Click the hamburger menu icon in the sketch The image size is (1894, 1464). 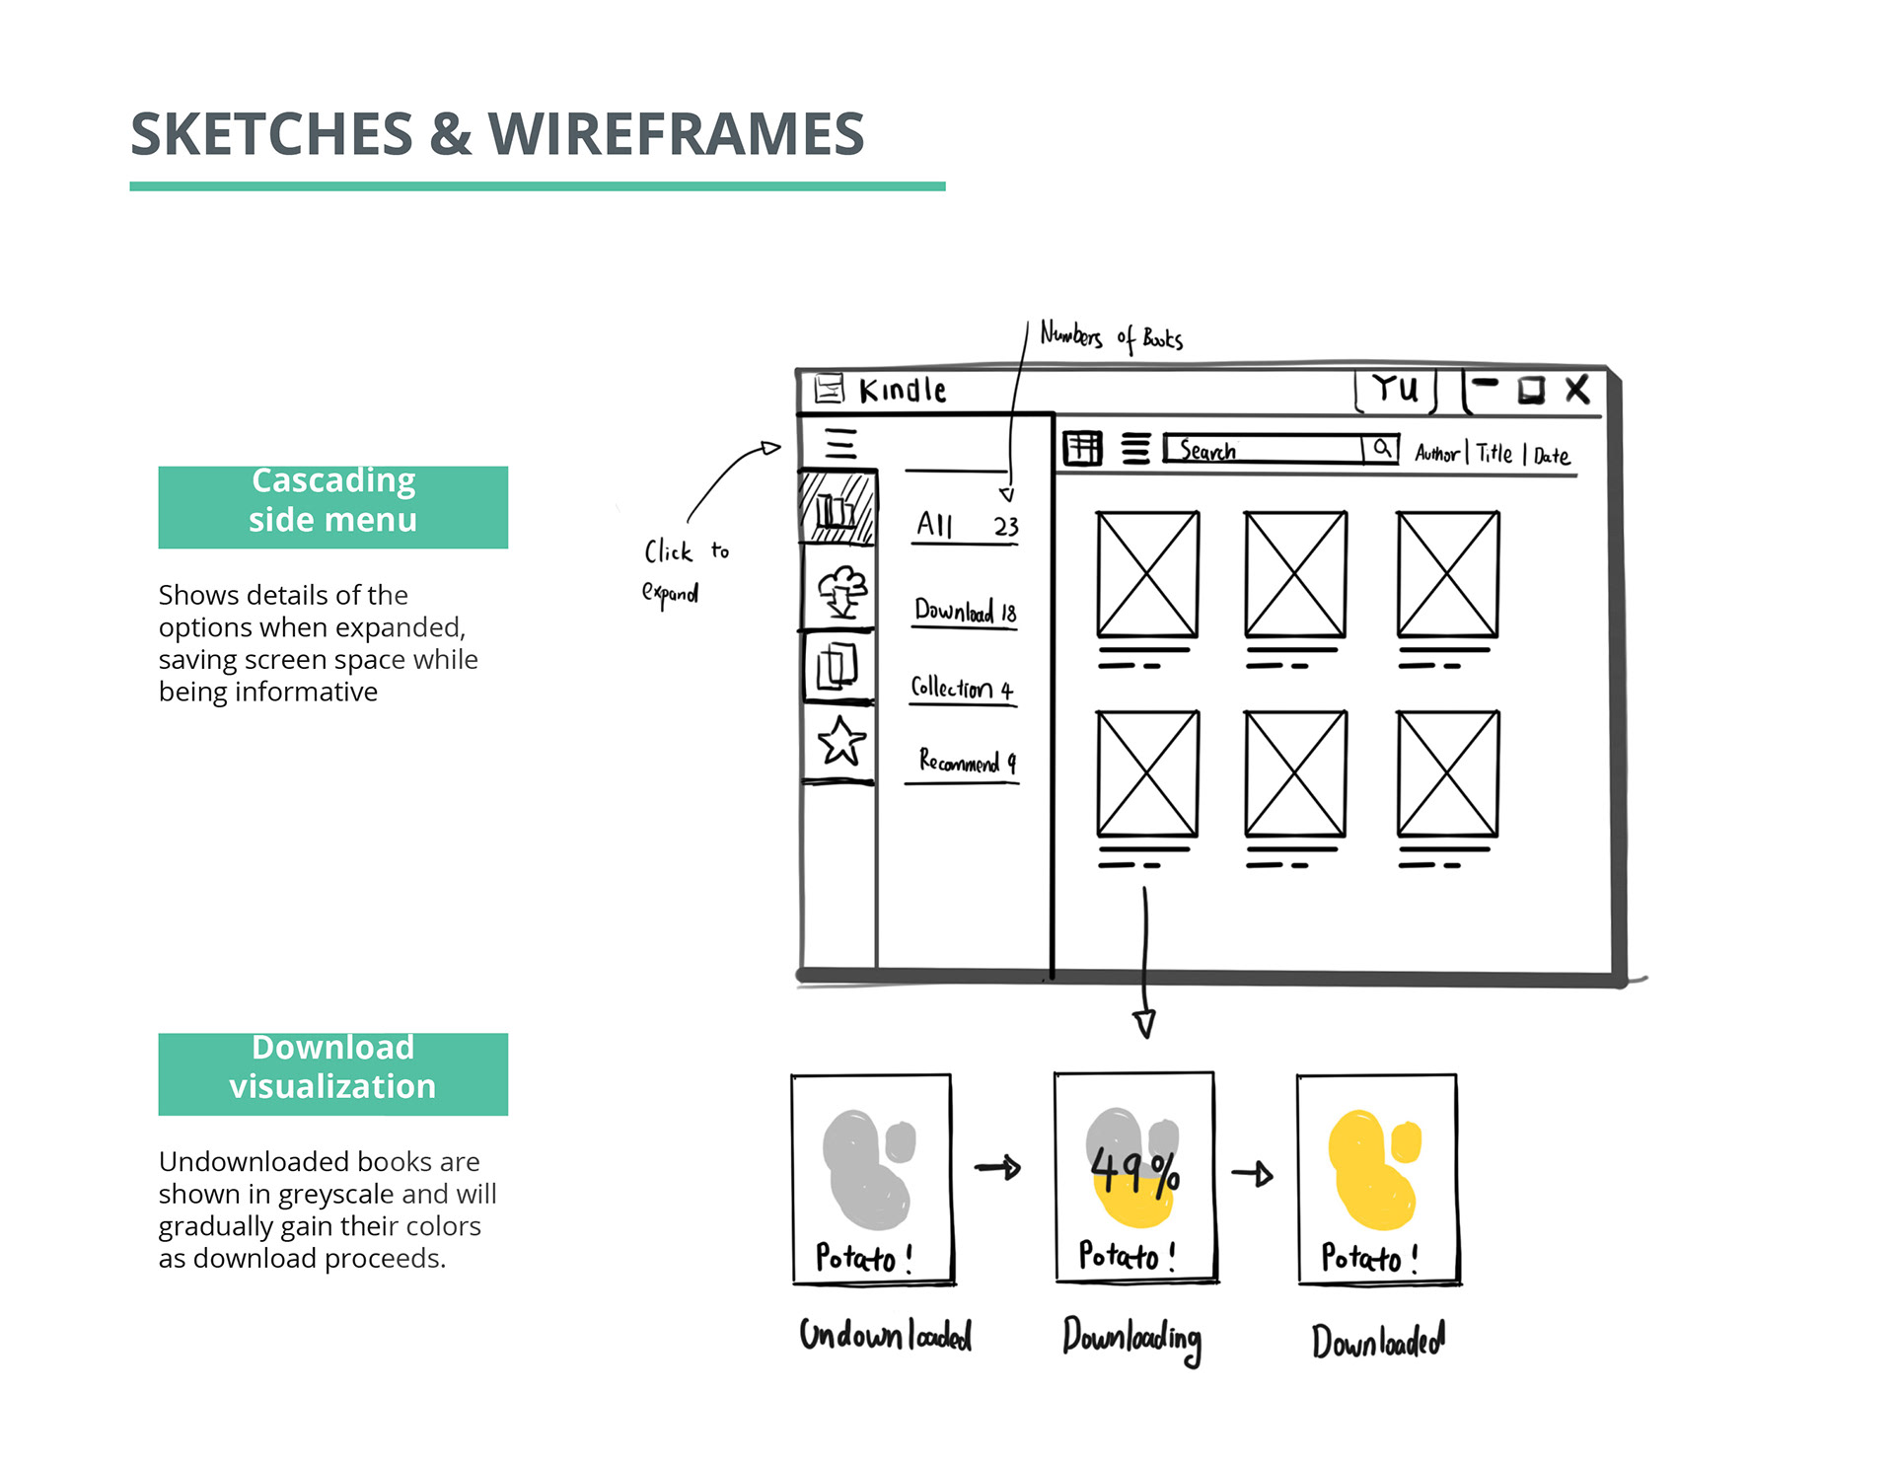pos(840,444)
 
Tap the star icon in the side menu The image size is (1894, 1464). pos(841,741)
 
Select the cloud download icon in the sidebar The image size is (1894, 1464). pos(841,590)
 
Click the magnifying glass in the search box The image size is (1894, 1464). pos(1382,449)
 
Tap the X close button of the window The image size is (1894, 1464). pos(1577,390)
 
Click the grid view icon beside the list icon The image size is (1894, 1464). pos(1082,449)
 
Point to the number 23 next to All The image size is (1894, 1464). pos(1005,526)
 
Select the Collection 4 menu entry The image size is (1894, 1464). pos(962,688)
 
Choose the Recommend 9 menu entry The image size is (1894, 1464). pos(966,761)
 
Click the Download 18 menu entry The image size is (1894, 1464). pos(965,611)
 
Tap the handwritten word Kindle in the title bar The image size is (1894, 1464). pos(903,391)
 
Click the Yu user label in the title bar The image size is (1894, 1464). pos(1395,389)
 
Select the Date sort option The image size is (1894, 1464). pos(1551,455)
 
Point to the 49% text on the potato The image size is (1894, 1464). pos(1134,1171)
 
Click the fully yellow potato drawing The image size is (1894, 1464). pos(1372,1169)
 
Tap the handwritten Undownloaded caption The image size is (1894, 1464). pos(885,1336)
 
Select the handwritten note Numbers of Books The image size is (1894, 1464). pos(1111,337)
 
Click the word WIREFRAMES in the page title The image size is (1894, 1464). pos(676,134)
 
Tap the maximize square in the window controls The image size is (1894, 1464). pos(1531,391)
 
